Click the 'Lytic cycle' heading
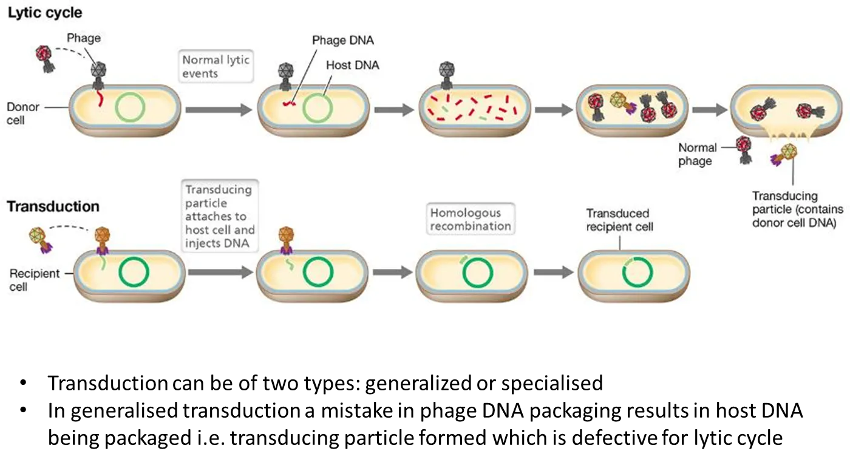click(x=44, y=13)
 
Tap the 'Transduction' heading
click(x=53, y=206)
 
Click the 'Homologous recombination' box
click(x=471, y=220)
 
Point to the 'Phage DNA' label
click(x=343, y=41)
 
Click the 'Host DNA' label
click(x=352, y=65)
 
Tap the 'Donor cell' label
click(x=23, y=114)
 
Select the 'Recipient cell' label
click(x=35, y=280)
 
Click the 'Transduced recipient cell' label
click(x=617, y=220)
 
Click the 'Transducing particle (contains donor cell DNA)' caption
click(x=798, y=209)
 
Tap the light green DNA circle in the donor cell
click(x=129, y=109)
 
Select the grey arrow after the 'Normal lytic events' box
click(x=219, y=110)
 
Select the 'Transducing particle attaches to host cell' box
click(x=220, y=216)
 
